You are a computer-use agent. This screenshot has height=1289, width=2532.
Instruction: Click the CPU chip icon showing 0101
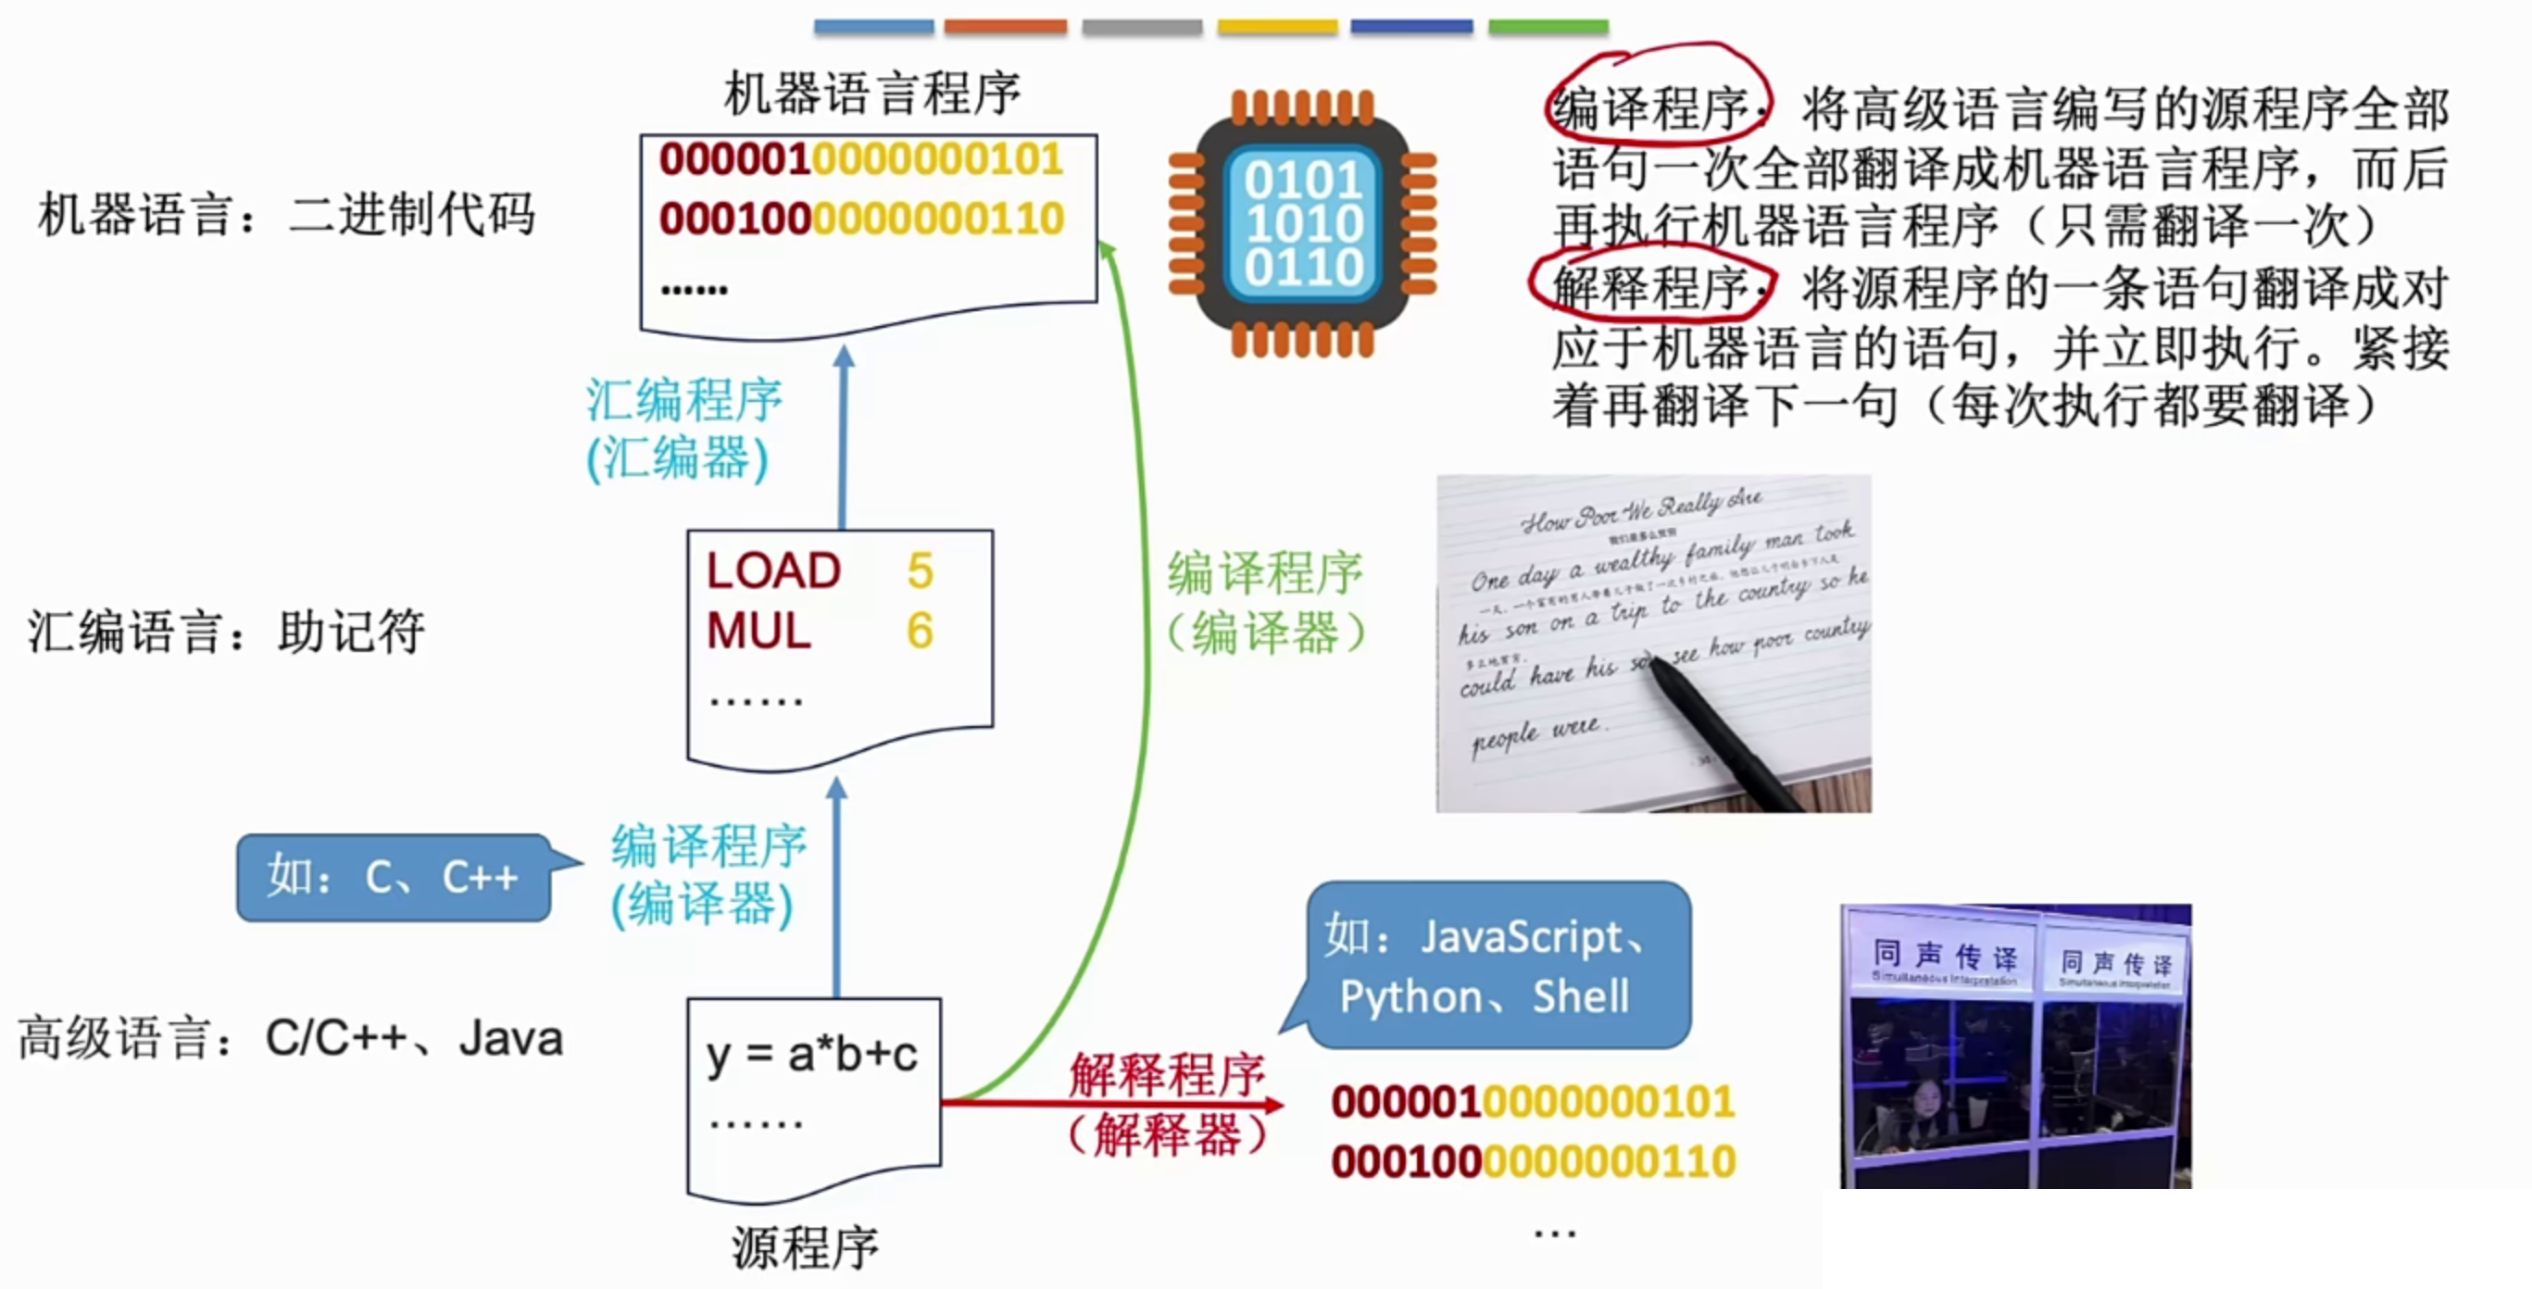[1302, 223]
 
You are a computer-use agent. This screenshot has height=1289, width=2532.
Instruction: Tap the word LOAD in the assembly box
[773, 570]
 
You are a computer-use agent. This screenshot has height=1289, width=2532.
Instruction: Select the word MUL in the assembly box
[758, 631]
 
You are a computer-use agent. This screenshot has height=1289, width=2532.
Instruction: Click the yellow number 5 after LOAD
[920, 570]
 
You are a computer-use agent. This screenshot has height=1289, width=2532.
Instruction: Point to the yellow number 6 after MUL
[920, 631]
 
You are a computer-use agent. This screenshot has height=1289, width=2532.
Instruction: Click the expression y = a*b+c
[812, 1055]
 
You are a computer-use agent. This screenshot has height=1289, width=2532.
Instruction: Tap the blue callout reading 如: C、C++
[394, 877]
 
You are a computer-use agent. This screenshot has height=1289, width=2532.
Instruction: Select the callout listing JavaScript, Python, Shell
[1497, 965]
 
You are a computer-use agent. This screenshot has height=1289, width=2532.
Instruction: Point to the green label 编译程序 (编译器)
[1266, 602]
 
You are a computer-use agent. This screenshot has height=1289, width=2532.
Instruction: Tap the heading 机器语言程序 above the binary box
[871, 94]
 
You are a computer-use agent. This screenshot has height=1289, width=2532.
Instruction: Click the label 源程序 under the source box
[805, 1248]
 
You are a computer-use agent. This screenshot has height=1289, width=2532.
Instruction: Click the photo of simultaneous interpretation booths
[2015, 1045]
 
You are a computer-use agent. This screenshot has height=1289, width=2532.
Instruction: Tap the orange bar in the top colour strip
[1006, 27]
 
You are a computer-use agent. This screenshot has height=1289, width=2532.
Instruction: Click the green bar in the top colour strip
[1548, 27]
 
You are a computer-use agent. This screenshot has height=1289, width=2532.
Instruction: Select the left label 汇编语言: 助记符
[226, 632]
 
